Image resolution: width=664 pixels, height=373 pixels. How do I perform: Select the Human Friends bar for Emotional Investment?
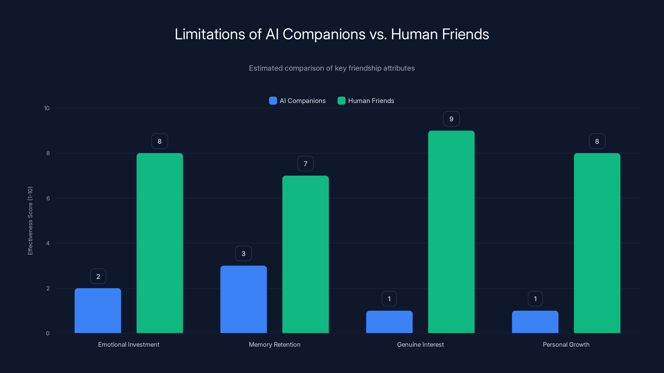pos(160,243)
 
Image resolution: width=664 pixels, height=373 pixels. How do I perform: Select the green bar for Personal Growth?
pos(597,243)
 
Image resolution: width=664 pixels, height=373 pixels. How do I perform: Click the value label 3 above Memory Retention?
pos(243,254)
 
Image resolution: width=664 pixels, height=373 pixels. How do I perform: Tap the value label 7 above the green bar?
pos(305,164)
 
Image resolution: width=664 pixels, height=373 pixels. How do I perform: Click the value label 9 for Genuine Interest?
pos(451,119)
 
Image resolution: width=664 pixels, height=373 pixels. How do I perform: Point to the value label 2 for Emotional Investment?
pos(98,276)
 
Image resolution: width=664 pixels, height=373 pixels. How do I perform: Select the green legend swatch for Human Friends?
pos(341,101)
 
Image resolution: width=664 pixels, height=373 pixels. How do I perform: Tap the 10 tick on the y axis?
pos(47,108)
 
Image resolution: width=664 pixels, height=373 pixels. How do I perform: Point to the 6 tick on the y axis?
pos(48,198)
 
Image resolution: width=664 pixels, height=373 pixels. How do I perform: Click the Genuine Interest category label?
pos(420,344)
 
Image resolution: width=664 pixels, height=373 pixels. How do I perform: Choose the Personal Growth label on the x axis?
pos(566,344)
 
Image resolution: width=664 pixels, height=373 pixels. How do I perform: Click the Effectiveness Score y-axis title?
pos(30,221)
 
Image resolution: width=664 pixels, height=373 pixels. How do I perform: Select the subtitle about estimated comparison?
pos(332,68)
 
